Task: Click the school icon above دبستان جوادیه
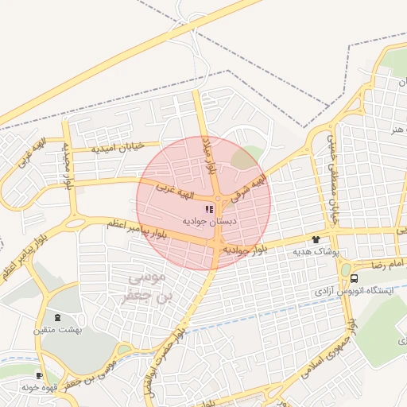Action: coord(209,209)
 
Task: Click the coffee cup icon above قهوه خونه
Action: coord(39,375)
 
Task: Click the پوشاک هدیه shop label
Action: coord(316,251)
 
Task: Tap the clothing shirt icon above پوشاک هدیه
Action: coord(316,239)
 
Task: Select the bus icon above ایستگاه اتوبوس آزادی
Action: coord(354,279)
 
